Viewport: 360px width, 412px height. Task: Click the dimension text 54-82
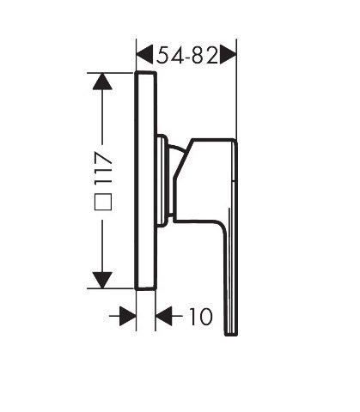(186, 56)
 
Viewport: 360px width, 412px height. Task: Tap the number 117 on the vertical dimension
(103, 172)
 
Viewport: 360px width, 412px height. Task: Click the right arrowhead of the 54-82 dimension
(228, 56)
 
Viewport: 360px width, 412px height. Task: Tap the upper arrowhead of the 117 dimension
(103, 83)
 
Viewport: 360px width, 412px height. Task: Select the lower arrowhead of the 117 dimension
(103, 279)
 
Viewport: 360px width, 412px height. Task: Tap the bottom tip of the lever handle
(229, 332)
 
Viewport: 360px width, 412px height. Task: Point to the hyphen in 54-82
(186, 57)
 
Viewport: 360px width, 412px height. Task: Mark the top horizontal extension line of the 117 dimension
(112, 73)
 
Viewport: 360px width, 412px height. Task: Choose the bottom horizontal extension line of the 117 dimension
(112, 289)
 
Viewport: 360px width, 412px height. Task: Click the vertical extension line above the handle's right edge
(236, 94)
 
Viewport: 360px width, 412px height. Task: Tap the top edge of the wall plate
(146, 74)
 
